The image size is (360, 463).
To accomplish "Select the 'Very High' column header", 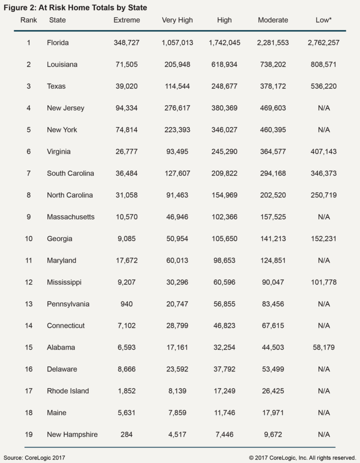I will (x=177, y=20).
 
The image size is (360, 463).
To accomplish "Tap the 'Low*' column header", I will (x=323, y=20).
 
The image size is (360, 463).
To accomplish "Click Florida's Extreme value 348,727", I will (x=127, y=43).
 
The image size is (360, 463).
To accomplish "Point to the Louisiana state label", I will (x=62, y=64).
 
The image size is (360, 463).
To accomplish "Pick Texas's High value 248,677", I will (x=224, y=86).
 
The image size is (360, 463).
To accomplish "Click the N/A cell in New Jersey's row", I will (x=323, y=108).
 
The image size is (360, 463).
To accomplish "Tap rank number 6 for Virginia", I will (x=29, y=152).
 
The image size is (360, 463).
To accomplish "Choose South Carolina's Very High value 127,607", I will (x=177, y=173).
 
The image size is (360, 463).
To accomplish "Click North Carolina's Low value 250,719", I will (x=323, y=195).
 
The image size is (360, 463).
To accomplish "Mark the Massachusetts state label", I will (x=71, y=217).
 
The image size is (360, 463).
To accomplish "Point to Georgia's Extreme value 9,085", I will (x=127, y=239).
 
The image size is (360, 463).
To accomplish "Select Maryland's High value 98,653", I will (x=224, y=260).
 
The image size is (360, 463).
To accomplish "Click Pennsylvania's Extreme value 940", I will (x=127, y=304).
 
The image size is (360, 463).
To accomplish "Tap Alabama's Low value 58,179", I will (x=323, y=348).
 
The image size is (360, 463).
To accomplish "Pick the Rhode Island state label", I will (x=68, y=391).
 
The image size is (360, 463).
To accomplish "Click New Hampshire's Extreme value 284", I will (x=127, y=434).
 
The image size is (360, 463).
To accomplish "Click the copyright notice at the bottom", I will (x=302, y=457).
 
